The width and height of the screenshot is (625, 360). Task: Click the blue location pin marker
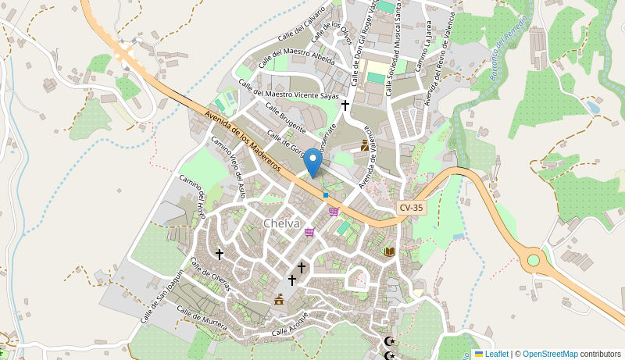(x=312, y=162)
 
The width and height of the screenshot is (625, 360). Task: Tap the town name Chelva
(x=281, y=223)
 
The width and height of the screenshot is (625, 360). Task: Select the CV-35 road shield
(x=411, y=208)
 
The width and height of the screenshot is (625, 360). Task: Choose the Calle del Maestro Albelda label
(x=296, y=57)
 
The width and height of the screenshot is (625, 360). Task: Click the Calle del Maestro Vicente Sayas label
(x=288, y=91)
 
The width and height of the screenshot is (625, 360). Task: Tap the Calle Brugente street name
(x=285, y=117)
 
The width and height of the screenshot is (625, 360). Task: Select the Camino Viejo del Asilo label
(x=229, y=166)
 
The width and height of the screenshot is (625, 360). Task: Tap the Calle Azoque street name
(x=290, y=326)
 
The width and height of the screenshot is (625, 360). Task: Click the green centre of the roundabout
(x=534, y=260)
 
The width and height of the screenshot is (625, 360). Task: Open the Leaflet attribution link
(x=496, y=354)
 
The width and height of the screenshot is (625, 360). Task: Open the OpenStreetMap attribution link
(x=550, y=354)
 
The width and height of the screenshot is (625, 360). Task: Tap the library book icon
(x=389, y=251)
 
